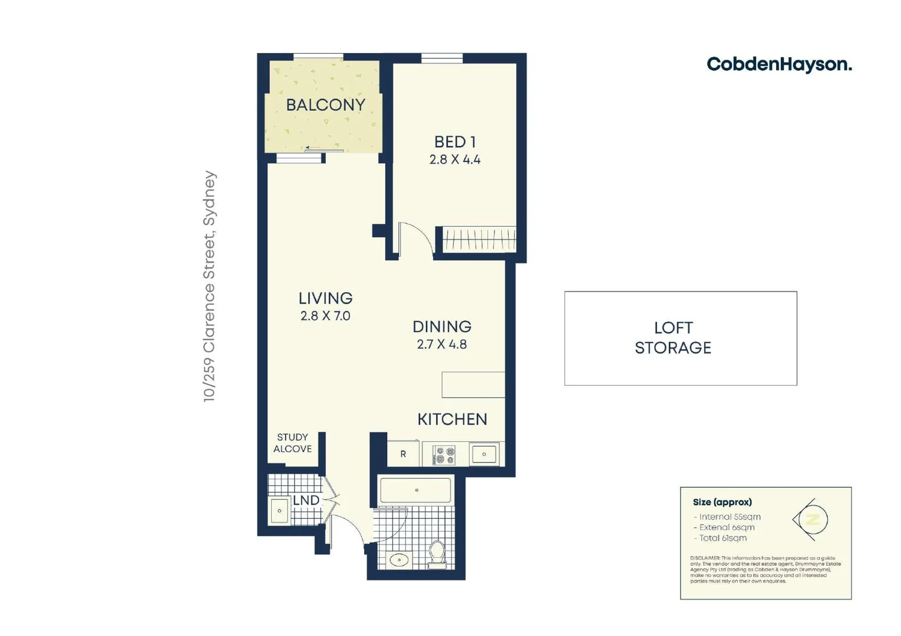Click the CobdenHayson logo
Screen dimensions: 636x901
tap(778, 64)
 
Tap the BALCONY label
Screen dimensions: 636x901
tap(325, 105)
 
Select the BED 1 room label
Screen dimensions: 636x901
tap(454, 142)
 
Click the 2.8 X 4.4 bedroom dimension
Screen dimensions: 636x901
tap(454, 160)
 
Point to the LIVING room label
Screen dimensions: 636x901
tap(325, 299)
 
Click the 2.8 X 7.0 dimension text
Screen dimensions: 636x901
tap(325, 316)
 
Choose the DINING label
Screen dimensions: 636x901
tap(441, 327)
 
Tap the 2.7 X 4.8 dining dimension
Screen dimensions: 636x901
tap(441, 344)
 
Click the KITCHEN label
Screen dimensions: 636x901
tap(452, 419)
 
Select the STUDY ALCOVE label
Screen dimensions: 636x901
tap(292, 443)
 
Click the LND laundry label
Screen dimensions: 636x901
tap(306, 500)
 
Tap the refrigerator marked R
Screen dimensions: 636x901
tap(403, 454)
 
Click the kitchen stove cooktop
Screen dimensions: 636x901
tap(444, 455)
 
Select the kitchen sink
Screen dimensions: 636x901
tap(484, 454)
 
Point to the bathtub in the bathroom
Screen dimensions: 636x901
tap(415, 490)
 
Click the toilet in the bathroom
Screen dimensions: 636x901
tap(437, 554)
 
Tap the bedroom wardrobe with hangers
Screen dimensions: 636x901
tap(478, 239)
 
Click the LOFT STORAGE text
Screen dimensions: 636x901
tap(673, 338)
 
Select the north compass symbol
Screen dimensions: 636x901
tap(812, 520)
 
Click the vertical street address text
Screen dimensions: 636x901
tap(210, 287)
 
